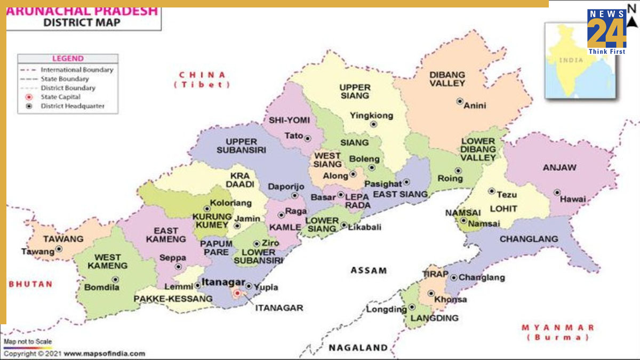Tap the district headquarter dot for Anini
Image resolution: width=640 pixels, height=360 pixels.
(x=460, y=101)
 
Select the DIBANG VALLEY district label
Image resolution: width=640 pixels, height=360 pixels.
(x=447, y=79)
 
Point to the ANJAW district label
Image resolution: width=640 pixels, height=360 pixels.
(x=559, y=167)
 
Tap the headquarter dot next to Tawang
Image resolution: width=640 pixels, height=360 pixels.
(x=59, y=249)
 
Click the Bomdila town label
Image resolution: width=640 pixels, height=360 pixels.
(x=102, y=287)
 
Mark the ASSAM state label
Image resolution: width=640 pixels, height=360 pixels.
(x=369, y=270)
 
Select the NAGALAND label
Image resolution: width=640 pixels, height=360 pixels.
(x=358, y=348)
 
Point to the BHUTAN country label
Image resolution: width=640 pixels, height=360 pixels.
(x=30, y=284)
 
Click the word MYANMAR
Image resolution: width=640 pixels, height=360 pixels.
(x=557, y=327)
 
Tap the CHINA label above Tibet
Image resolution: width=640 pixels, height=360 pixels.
(x=202, y=75)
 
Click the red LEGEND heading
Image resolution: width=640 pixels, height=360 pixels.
(x=67, y=59)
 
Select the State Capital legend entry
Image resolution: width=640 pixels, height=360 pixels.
(x=60, y=97)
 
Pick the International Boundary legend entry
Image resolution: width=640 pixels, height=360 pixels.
(x=77, y=69)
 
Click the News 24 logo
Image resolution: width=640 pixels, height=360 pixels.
(x=607, y=31)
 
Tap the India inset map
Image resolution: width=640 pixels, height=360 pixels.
(x=579, y=61)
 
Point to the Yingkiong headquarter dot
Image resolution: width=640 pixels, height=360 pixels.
(x=373, y=124)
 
